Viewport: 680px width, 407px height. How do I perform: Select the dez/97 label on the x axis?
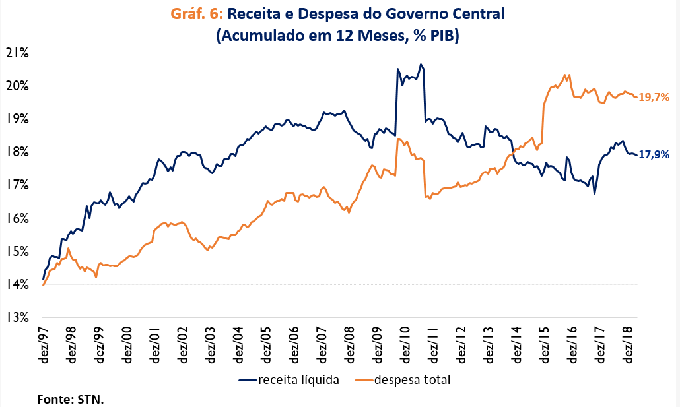(44, 346)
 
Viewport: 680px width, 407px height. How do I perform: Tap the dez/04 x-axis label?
(238, 346)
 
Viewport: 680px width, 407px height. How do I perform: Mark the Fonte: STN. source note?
(71, 399)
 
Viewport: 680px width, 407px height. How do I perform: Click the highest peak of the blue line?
(421, 65)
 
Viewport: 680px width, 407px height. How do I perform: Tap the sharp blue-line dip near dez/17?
(595, 193)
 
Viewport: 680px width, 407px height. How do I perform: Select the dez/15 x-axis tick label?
(545, 346)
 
